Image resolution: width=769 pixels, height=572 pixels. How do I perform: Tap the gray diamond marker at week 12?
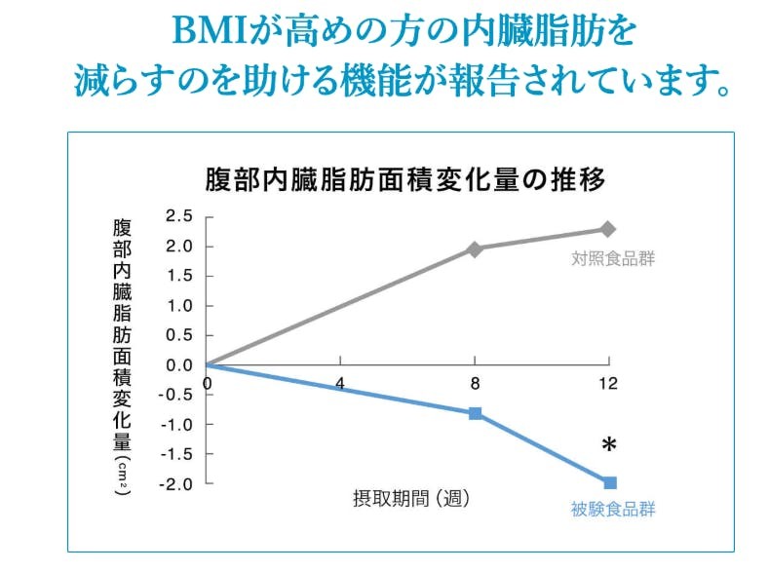pyautogui.click(x=608, y=229)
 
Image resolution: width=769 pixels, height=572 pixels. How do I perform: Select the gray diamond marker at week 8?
pyautogui.click(x=475, y=249)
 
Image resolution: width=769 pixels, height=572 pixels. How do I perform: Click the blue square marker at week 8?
pyautogui.click(x=475, y=413)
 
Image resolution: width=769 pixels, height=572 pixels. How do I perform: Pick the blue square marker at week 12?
pyautogui.click(x=609, y=482)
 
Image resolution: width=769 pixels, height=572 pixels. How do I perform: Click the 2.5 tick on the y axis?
pyautogui.click(x=179, y=216)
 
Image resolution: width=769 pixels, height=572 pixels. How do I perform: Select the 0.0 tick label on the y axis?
pyautogui.click(x=179, y=364)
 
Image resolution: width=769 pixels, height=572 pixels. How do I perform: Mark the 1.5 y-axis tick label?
pyautogui.click(x=179, y=276)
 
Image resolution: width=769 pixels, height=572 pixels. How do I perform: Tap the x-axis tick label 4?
pyautogui.click(x=340, y=383)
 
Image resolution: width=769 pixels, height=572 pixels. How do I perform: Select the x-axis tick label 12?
pyautogui.click(x=608, y=383)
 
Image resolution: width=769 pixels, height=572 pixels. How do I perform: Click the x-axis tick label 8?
pyautogui.click(x=475, y=383)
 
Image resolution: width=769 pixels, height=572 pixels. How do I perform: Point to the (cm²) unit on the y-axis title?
pyautogui.click(x=122, y=475)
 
